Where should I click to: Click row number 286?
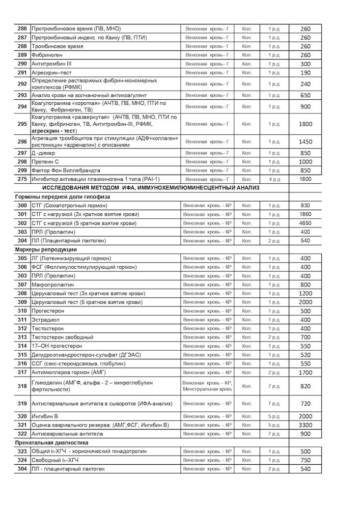click(x=22, y=29)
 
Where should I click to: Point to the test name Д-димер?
click(x=46, y=153)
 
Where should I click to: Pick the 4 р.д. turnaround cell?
click(x=274, y=179)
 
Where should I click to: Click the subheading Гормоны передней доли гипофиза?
click(x=63, y=196)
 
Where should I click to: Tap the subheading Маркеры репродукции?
click(x=46, y=249)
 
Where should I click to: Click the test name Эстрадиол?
click(x=46, y=320)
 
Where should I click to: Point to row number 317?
click(x=22, y=372)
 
